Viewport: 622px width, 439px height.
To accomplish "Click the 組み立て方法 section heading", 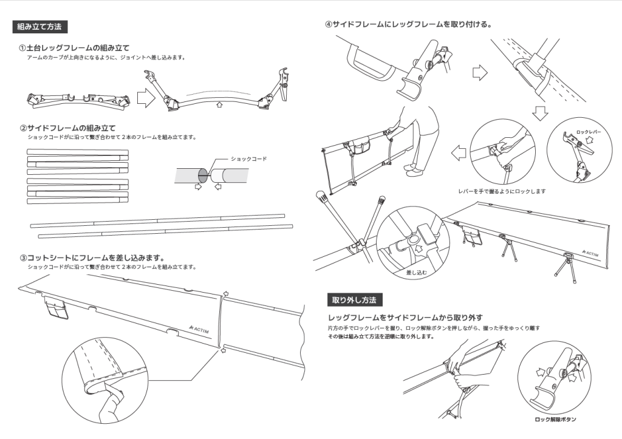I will pos(40,27).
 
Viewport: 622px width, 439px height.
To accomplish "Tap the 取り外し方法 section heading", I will pos(354,300).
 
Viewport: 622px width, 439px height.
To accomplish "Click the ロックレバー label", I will pos(589,131).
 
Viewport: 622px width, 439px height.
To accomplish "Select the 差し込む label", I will pos(416,273).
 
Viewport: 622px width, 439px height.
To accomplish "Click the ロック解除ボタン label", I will pos(555,420).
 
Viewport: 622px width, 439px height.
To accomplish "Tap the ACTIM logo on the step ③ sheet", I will pos(199,328).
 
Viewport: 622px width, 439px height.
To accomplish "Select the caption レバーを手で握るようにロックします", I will pos(502,191).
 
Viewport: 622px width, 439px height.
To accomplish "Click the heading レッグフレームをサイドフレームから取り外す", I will pos(405,318).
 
